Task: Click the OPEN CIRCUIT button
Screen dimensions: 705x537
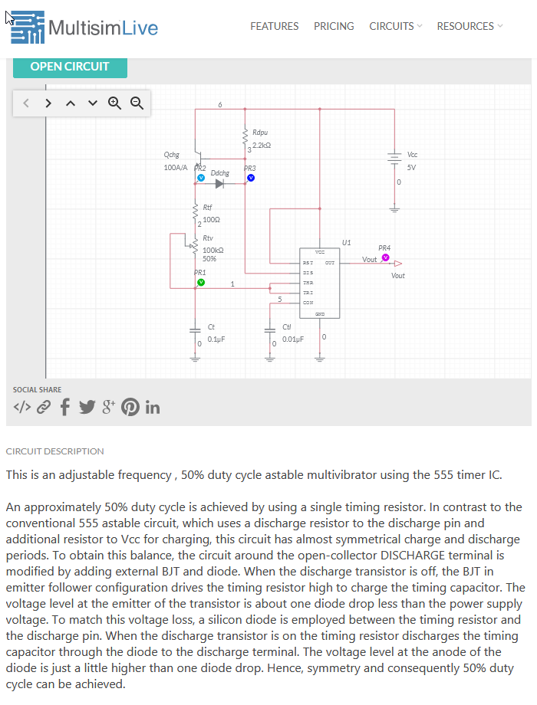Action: coord(70,67)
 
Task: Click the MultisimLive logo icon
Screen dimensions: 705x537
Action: coord(28,27)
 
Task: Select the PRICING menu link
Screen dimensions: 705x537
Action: coord(334,26)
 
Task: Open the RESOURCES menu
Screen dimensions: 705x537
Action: coord(469,26)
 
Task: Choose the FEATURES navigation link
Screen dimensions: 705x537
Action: coord(274,26)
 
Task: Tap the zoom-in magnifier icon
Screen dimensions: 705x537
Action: coord(115,103)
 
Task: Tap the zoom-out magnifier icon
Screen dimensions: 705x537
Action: coord(137,103)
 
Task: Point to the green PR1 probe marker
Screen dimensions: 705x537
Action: coord(201,282)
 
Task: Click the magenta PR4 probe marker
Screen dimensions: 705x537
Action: coord(385,257)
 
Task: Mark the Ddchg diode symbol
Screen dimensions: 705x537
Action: coord(220,184)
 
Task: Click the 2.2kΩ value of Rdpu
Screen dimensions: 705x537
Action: coord(262,145)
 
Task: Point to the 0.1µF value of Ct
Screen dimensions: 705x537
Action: coord(216,338)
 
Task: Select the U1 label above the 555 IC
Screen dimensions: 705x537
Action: coord(347,242)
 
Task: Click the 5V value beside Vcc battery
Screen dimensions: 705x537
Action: coord(411,167)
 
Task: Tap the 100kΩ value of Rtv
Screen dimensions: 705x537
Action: coord(213,250)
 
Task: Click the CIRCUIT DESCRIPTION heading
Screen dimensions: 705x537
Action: coord(54,451)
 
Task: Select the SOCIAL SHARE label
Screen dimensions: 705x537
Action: coord(37,390)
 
